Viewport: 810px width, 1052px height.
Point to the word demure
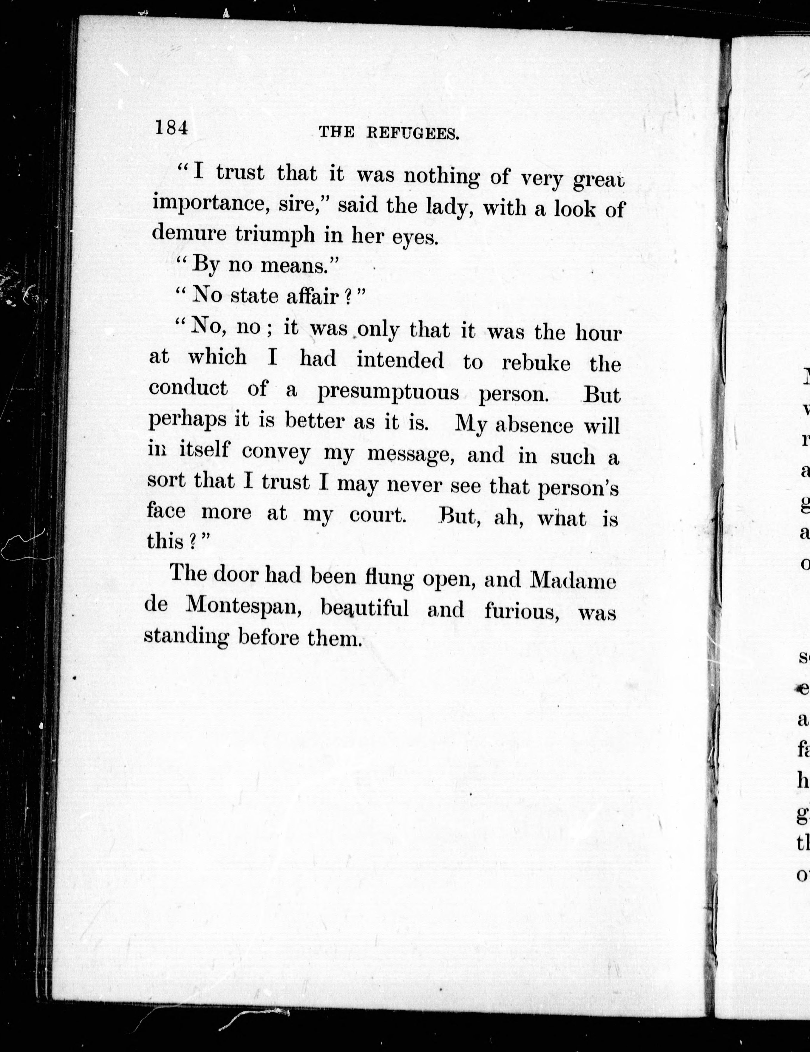point(189,233)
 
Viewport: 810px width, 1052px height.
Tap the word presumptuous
point(388,393)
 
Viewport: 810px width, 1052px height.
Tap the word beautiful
point(365,609)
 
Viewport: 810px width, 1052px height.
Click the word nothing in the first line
point(441,177)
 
